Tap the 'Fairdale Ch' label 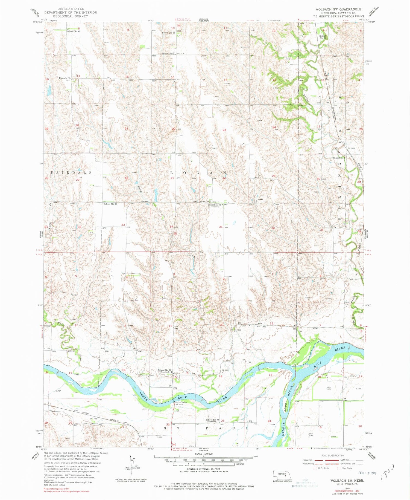pyautogui.click(x=65, y=78)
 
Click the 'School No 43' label pyautogui.click(x=74, y=31)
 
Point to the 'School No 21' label pyautogui.click(x=110, y=204)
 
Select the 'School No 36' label pyautogui.click(x=165, y=370)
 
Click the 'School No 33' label pyautogui.click(x=212, y=420)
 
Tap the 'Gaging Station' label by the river pyautogui.click(x=181, y=402)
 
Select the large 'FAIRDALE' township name pyautogui.click(x=71, y=173)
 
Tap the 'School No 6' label pyautogui.click(x=339, y=158)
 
